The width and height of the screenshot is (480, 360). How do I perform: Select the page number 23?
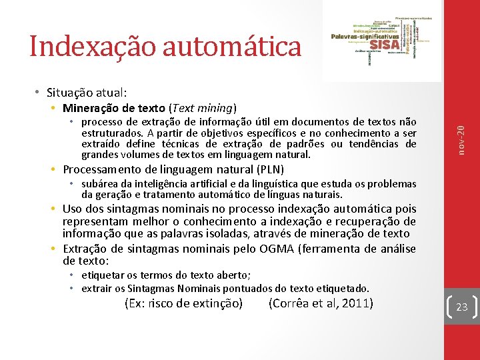tap(461, 307)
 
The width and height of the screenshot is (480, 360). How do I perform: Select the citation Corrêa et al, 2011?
tap(320, 304)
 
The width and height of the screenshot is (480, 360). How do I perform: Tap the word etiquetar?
tap(103, 275)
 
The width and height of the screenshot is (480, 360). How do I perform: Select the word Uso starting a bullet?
tap(73, 209)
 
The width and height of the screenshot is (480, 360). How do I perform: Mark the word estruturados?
tap(109, 133)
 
